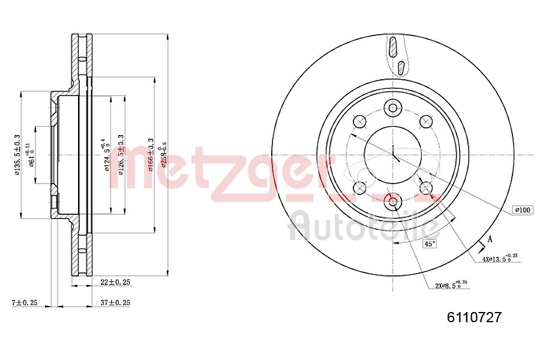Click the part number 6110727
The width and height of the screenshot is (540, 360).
point(474,317)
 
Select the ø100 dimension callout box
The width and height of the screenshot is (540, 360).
point(521,210)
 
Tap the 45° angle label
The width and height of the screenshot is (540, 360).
point(430,244)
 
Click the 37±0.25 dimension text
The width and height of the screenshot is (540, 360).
point(114,303)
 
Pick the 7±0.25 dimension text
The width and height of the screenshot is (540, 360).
point(24,303)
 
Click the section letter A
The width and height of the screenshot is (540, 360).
point(490,239)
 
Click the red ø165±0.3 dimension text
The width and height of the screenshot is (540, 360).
point(151,155)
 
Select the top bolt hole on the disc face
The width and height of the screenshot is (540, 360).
point(393,108)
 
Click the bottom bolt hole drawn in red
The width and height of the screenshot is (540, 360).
point(393,201)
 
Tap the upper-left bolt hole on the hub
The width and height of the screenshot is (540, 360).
point(360,122)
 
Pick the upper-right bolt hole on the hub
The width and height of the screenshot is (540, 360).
point(427,122)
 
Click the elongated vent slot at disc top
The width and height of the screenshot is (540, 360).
point(393,47)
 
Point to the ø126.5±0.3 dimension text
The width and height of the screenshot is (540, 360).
point(121,155)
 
